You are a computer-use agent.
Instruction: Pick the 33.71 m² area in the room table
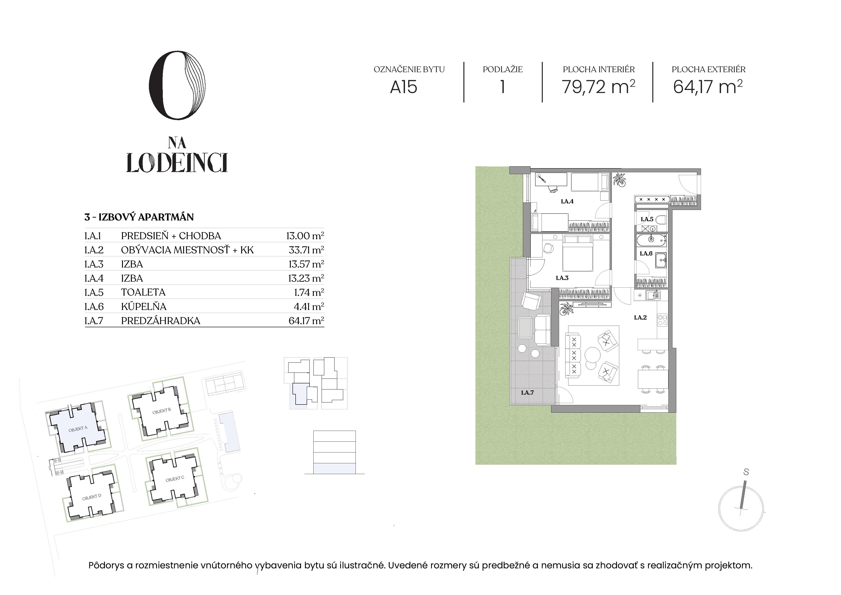tap(306, 250)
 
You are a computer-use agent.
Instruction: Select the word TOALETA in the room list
tap(143, 292)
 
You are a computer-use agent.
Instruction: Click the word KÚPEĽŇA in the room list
tap(144, 306)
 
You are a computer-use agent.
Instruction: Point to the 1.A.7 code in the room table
tap(94, 321)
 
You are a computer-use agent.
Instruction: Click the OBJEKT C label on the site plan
tap(175, 479)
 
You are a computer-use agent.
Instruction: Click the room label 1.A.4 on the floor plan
tap(567, 201)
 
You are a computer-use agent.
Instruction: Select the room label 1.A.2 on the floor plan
tap(640, 317)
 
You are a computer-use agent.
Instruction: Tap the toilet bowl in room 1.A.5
tap(660, 220)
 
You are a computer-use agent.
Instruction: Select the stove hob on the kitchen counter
tap(662, 319)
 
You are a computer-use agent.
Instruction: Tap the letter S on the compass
tap(746, 472)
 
